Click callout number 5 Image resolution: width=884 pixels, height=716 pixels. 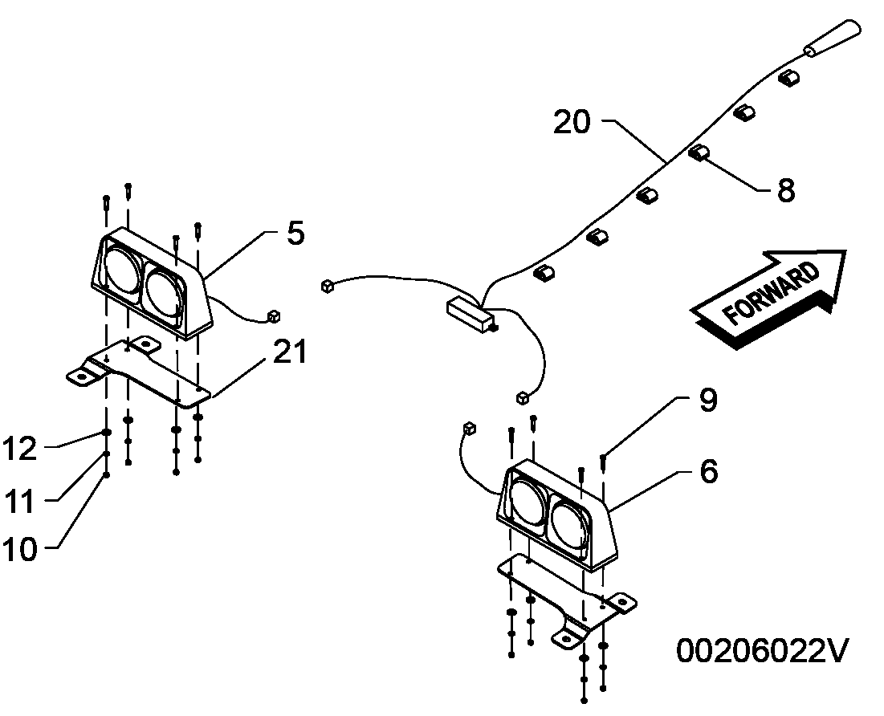295,233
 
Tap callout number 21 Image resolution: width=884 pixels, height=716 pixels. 290,352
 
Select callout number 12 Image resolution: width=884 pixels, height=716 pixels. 20,449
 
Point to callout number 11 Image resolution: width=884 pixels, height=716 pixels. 20,500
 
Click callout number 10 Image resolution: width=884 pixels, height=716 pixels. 20,549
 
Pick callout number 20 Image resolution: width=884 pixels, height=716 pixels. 572,122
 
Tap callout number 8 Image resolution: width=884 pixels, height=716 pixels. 786,190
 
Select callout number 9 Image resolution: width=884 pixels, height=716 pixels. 708,401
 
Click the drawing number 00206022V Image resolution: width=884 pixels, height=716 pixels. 762,651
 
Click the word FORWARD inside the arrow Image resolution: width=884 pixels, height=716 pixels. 771,293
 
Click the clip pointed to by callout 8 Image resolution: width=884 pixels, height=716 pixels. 699,153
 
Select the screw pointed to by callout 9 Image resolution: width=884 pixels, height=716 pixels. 603,462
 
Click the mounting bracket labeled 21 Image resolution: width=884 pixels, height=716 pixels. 138,372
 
